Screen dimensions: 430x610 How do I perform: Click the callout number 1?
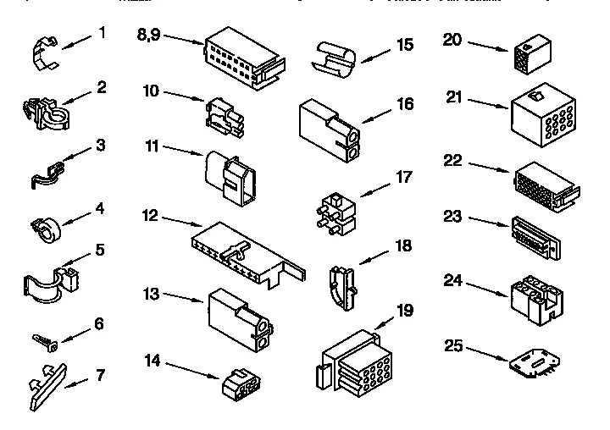[102, 33]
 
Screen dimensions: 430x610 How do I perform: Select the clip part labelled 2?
[43, 113]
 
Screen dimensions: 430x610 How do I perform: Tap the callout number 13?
[151, 294]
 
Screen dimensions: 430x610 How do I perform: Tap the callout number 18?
[404, 246]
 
